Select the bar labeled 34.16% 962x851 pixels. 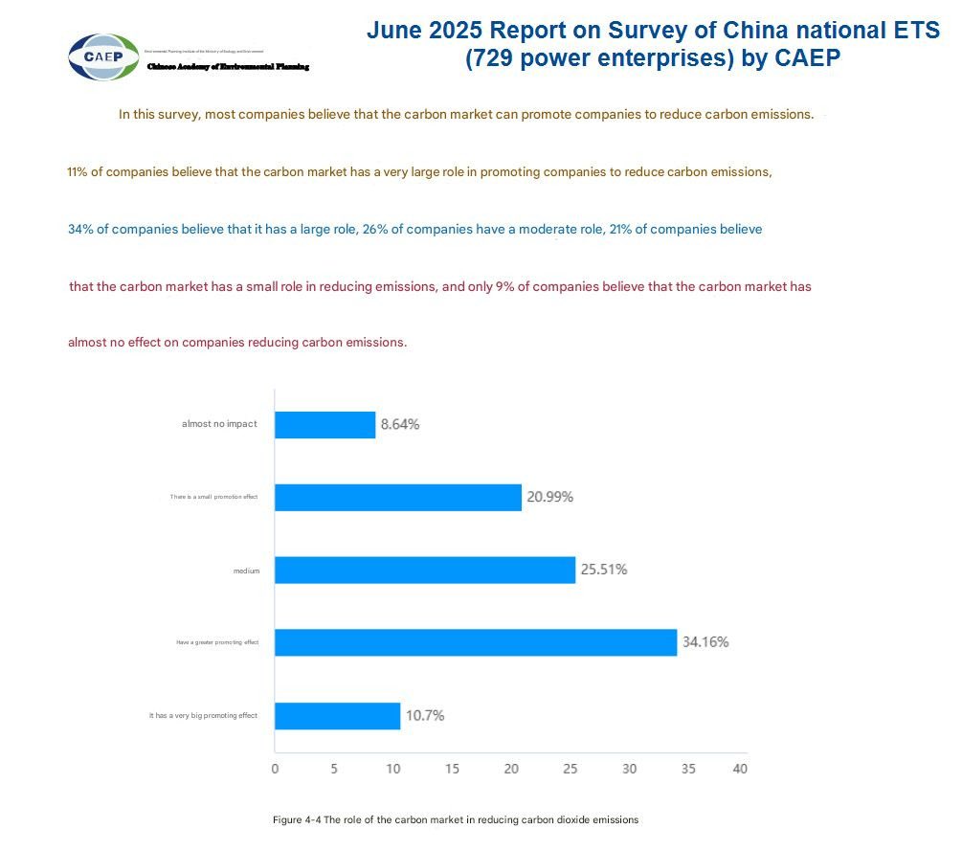[476, 642]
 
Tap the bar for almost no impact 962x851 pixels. [324, 424]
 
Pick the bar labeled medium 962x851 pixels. [425, 570]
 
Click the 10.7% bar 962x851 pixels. [337, 715]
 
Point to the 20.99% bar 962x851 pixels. [398, 497]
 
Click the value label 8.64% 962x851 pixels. [400, 424]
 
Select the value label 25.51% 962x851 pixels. [603, 570]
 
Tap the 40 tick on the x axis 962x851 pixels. [740, 769]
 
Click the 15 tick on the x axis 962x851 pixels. [452, 769]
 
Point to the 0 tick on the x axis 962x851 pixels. [275, 769]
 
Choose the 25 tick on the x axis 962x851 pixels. [570, 769]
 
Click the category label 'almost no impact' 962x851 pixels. [219, 424]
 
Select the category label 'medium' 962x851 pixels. [246, 571]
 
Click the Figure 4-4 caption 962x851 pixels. [455, 820]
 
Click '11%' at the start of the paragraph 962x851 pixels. [78, 173]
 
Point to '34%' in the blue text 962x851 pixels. [80, 230]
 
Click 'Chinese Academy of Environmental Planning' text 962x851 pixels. [228, 66]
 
